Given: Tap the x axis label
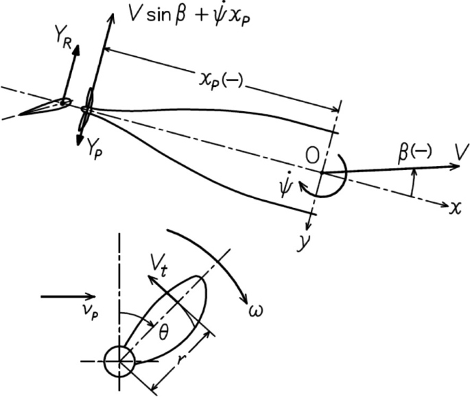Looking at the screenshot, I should click(454, 206).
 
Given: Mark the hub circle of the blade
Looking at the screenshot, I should click(119, 359).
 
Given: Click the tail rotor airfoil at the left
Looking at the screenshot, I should click(43, 107).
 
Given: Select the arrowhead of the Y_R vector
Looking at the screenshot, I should click(75, 49).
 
